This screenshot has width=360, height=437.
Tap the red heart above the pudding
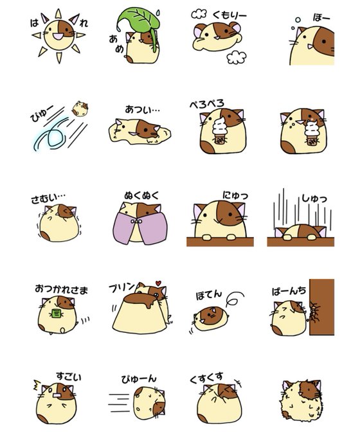click(x=158, y=283)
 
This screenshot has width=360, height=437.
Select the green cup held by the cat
click(x=57, y=314)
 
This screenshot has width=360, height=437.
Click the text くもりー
click(x=230, y=15)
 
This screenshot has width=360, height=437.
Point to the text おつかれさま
click(x=61, y=290)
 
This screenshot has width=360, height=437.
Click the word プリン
click(x=122, y=287)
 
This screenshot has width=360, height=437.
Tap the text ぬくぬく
click(x=141, y=195)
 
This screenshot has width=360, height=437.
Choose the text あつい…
click(x=142, y=109)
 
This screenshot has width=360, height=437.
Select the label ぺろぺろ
click(x=206, y=103)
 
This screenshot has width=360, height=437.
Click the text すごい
click(x=69, y=377)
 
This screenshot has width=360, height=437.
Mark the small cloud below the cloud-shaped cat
click(x=236, y=57)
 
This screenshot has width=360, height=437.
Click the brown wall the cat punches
click(x=321, y=307)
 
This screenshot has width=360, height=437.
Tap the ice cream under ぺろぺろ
click(x=219, y=130)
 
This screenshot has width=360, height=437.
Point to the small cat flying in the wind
click(x=80, y=109)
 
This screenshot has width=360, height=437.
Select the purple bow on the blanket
click(x=138, y=221)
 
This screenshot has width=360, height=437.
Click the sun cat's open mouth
click(x=57, y=36)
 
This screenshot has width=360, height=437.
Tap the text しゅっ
click(x=314, y=199)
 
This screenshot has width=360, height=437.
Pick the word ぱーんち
click(x=289, y=291)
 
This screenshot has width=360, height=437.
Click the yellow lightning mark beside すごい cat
click(x=37, y=385)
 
